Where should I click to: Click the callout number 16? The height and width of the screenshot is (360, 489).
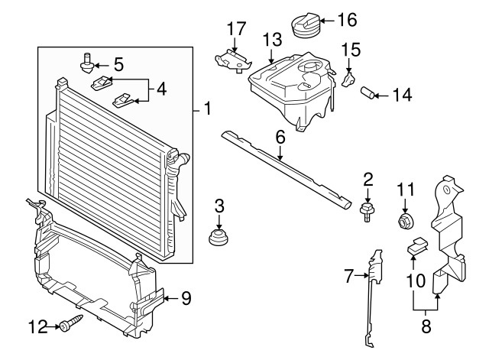coord(348,20)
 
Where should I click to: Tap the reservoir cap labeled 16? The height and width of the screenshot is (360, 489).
coord(306,24)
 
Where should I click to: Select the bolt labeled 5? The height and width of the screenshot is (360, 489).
coord(87,63)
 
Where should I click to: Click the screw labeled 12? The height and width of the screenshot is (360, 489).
coord(72,323)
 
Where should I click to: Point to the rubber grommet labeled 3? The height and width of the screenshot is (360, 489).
coord(219,237)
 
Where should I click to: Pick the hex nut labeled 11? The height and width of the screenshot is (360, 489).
coord(406,221)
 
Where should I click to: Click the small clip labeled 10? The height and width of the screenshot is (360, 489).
coord(417,245)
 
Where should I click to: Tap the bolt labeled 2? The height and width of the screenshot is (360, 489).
coord(368,212)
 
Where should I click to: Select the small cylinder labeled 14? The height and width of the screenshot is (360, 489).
coord(368,92)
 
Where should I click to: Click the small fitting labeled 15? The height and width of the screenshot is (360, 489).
coord(348,79)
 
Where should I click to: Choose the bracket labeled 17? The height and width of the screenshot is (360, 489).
coord(233,60)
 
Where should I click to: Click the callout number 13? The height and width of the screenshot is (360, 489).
coord(273,40)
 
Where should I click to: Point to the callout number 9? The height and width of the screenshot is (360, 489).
coord(186,298)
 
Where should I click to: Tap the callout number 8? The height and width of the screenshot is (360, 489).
coord(426,326)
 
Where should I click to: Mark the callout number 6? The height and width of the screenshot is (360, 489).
coord(280,137)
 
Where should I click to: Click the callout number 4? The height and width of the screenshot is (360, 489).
coord(161,89)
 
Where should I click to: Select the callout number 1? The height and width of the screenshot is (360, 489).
coord(207,109)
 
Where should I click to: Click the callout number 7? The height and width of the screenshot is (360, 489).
coord(349,276)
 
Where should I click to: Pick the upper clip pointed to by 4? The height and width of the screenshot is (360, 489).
coord(102,83)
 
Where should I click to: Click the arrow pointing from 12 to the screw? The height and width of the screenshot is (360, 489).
coord(53,326)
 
